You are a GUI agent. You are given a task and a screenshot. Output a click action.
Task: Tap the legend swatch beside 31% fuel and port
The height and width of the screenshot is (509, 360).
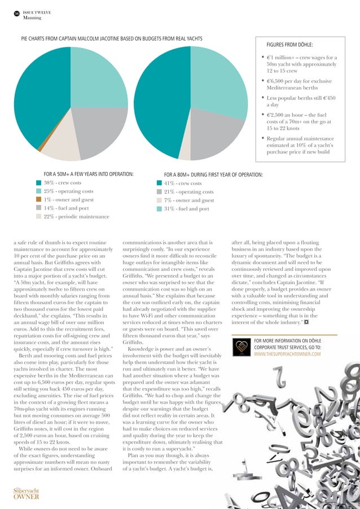pyautogui.click(x=159, y=209)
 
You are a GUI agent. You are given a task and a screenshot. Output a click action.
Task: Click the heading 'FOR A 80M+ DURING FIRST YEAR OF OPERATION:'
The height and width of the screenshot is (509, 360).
pyautogui.click(x=213, y=174)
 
